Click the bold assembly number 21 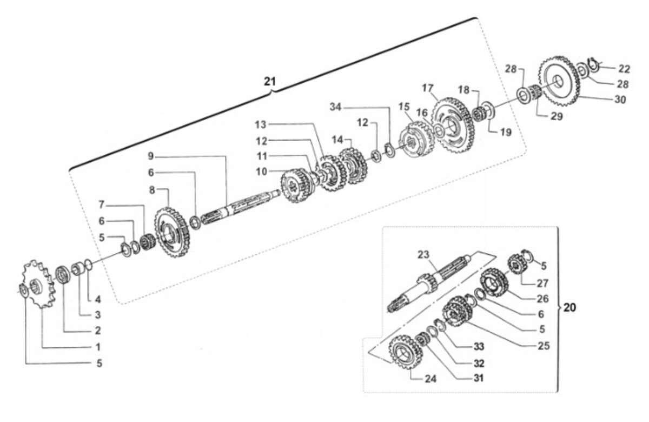tap(269, 82)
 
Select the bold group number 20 tap(569, 307)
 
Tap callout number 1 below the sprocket tap(98, 347)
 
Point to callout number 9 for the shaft tap(151, 156)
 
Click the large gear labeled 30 tap(560, 82)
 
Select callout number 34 tap(336, 107)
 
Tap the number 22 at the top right tap(624, 69)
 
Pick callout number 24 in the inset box tap(431, 379)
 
